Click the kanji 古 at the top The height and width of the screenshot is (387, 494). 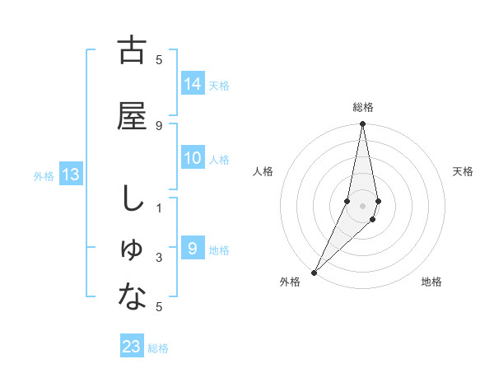pos(132,51)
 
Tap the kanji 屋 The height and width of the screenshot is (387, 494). pos(132,116)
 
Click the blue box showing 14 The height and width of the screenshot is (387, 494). pos(193,84)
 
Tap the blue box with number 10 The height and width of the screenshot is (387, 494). pos(193,158)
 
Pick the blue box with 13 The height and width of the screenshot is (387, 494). pos(71,175)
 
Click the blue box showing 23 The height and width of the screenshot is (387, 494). pos(132,347)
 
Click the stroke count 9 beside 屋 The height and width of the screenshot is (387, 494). pos(159,126)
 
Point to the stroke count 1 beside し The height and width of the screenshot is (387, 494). pos(159,208)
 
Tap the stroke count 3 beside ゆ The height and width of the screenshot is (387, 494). pos(159,258)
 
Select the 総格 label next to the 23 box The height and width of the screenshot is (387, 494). pos(158,348)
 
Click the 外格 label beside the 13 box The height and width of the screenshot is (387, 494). pos(44,176)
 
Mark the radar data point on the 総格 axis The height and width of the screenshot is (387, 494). pos(362,125)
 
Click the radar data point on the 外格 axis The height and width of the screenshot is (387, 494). pos(314,272)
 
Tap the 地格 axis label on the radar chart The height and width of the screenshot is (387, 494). pos(431,282)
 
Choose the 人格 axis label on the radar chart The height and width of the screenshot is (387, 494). pos(263,171)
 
